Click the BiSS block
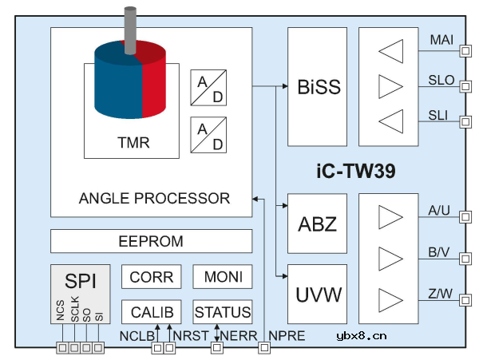click(x=318, y=86)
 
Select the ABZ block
click(x=317, y=224)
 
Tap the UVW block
click(x=317, y=295)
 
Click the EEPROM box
click(x=151, y=241)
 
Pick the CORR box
click(x=151, y=277)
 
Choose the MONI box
click(x=223, y=277)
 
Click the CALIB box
click(x=151, y=312)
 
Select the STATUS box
click(x=223, y=312)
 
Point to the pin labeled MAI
click(x=441, y=40)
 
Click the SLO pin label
click(x=441, y=81)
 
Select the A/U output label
click(x=440, y=211)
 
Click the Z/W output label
click(x=440, y=295)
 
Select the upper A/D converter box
click(x=208, y=88)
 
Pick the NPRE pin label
click(x=287, y=336)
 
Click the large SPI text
click(x=82, y=282)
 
